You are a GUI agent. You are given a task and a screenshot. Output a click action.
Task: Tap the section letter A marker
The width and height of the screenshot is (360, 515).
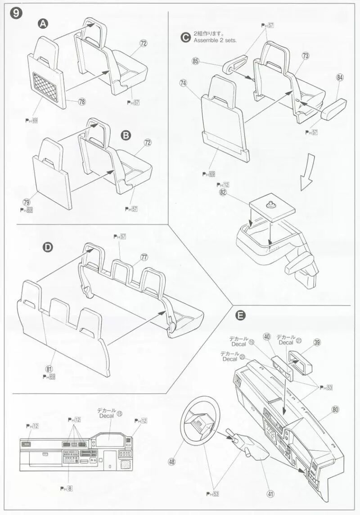tap(43, 24)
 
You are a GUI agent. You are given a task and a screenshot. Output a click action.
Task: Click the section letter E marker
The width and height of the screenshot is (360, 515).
tap(241, 316)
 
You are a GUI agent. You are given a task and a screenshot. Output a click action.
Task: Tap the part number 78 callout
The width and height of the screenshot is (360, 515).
tap(81, 102)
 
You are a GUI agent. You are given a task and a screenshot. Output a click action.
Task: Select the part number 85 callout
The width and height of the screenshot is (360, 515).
tap(196, 61)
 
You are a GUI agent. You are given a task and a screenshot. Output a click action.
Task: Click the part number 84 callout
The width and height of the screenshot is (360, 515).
tap(340, 77)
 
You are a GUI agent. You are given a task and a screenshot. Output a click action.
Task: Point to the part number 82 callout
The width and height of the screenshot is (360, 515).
tap(223, 192)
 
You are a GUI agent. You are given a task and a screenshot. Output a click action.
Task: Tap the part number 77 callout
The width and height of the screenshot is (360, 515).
tap(144, 257)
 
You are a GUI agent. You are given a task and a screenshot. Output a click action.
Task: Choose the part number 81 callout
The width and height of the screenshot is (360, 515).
tap(49, 369)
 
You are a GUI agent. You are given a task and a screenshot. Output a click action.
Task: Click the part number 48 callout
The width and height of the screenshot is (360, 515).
tap(171, 461)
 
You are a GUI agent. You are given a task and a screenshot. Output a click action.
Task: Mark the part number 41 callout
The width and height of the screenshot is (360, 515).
tap(270, 494)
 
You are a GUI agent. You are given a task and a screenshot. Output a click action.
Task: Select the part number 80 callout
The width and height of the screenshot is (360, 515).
tap(335, 410)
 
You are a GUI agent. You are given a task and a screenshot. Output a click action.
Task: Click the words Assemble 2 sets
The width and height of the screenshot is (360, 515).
tap(215, 40)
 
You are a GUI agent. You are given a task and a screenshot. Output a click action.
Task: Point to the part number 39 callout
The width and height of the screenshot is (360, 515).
tap(317, 343)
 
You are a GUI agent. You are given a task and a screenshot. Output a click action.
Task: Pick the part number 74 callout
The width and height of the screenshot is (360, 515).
tap(183, 83)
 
